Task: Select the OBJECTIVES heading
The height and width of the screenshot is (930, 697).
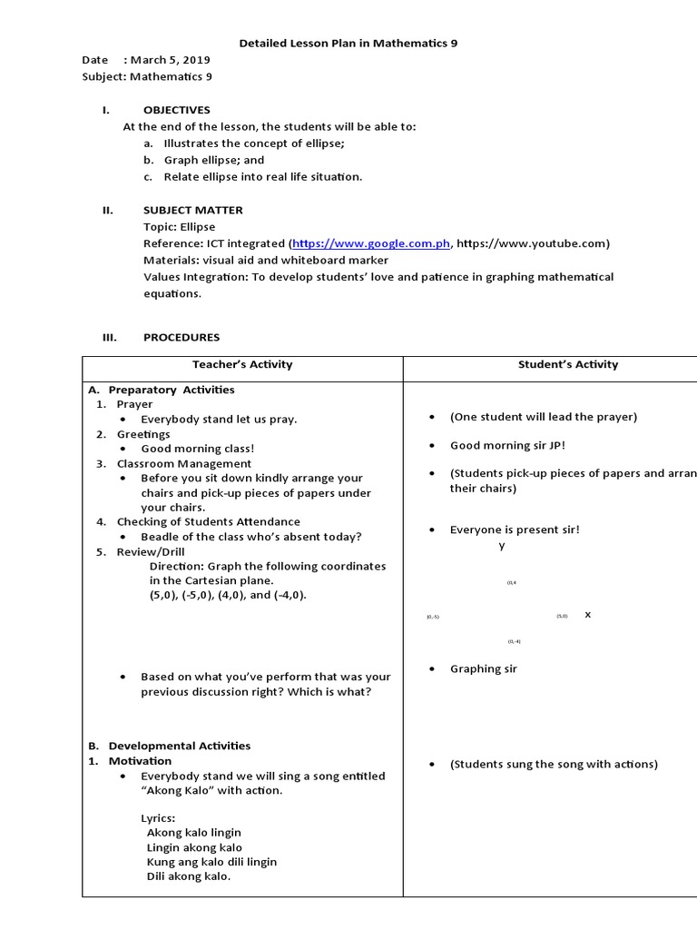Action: tap(176, 110)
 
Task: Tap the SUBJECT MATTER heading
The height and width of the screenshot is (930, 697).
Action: tap(192, 210)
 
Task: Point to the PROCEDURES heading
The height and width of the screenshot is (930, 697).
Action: tap(182, 337)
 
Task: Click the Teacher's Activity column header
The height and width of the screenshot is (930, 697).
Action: tap(242, 364)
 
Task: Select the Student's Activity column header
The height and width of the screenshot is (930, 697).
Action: tap(567, 364)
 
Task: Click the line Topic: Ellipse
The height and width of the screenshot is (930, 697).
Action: tap(180, 226)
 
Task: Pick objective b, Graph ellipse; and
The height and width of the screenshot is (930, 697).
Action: tap(214, 160)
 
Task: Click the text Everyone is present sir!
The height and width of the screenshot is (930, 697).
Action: tap(515, 529)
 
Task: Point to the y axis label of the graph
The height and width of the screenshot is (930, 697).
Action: tap(502, 546)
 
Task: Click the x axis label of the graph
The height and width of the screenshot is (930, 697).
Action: tap(587, 615)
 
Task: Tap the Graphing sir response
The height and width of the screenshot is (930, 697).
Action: tap(483, 668)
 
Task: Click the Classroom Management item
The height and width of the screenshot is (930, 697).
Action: tap(184, 463)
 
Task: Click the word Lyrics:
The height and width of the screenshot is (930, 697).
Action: tap(158, 817)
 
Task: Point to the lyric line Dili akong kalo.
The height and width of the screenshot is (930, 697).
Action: tap(188, 876)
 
